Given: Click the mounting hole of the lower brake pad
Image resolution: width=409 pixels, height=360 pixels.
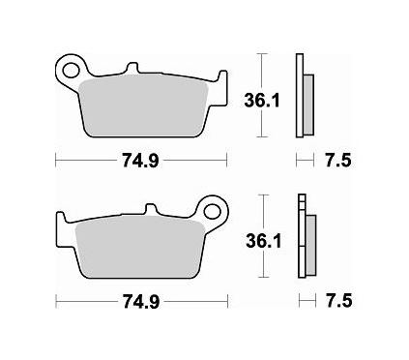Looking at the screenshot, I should pos(212,209).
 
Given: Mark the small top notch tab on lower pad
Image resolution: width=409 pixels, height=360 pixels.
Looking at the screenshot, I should pos(151,208).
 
